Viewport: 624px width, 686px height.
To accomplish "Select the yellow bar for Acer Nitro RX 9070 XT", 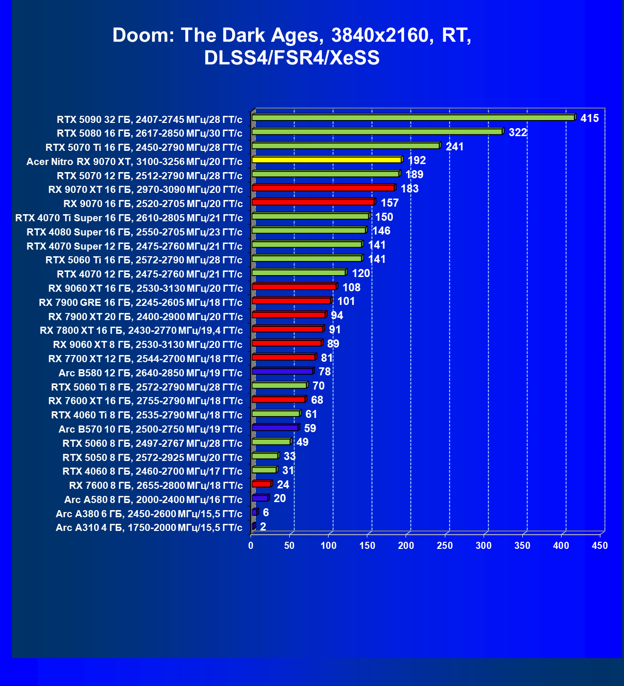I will (x=327, y=160).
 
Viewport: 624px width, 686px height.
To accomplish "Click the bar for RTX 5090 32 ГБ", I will (x=413, y=118).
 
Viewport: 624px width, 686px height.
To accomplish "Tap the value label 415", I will (x=589, y=118).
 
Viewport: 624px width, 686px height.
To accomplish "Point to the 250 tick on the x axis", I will (x=445, y=546).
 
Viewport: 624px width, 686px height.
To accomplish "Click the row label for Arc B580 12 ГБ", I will (x=150, y=373).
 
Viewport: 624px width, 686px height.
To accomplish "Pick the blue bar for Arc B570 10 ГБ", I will (x=275, y=428).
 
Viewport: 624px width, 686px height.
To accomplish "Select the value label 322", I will (x=518, y=132).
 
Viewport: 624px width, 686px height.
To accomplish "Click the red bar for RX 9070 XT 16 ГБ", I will (x=323, y=188).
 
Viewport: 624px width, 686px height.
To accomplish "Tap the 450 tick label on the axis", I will (x=600, y=546).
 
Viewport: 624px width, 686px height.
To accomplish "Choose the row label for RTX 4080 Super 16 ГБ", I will (x=134, y=232).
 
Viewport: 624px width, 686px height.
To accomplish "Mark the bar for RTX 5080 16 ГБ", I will (x=377, y=131).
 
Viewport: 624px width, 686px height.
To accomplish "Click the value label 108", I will (x=351, y=287).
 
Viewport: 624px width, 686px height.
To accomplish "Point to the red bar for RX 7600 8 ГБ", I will (x=261, y=484).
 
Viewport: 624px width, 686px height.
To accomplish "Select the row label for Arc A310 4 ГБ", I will (x=149, y=528).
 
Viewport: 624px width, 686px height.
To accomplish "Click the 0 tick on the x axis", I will (x=251, y=546).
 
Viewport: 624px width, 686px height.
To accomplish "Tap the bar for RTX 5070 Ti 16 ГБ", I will (x=346, y=146).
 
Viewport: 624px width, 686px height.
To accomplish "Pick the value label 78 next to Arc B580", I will (x=325, y=372).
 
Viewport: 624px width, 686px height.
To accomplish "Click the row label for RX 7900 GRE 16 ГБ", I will (x=140, y=303).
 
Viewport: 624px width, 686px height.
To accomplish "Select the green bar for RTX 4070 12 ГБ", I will (x=299, y=273).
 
